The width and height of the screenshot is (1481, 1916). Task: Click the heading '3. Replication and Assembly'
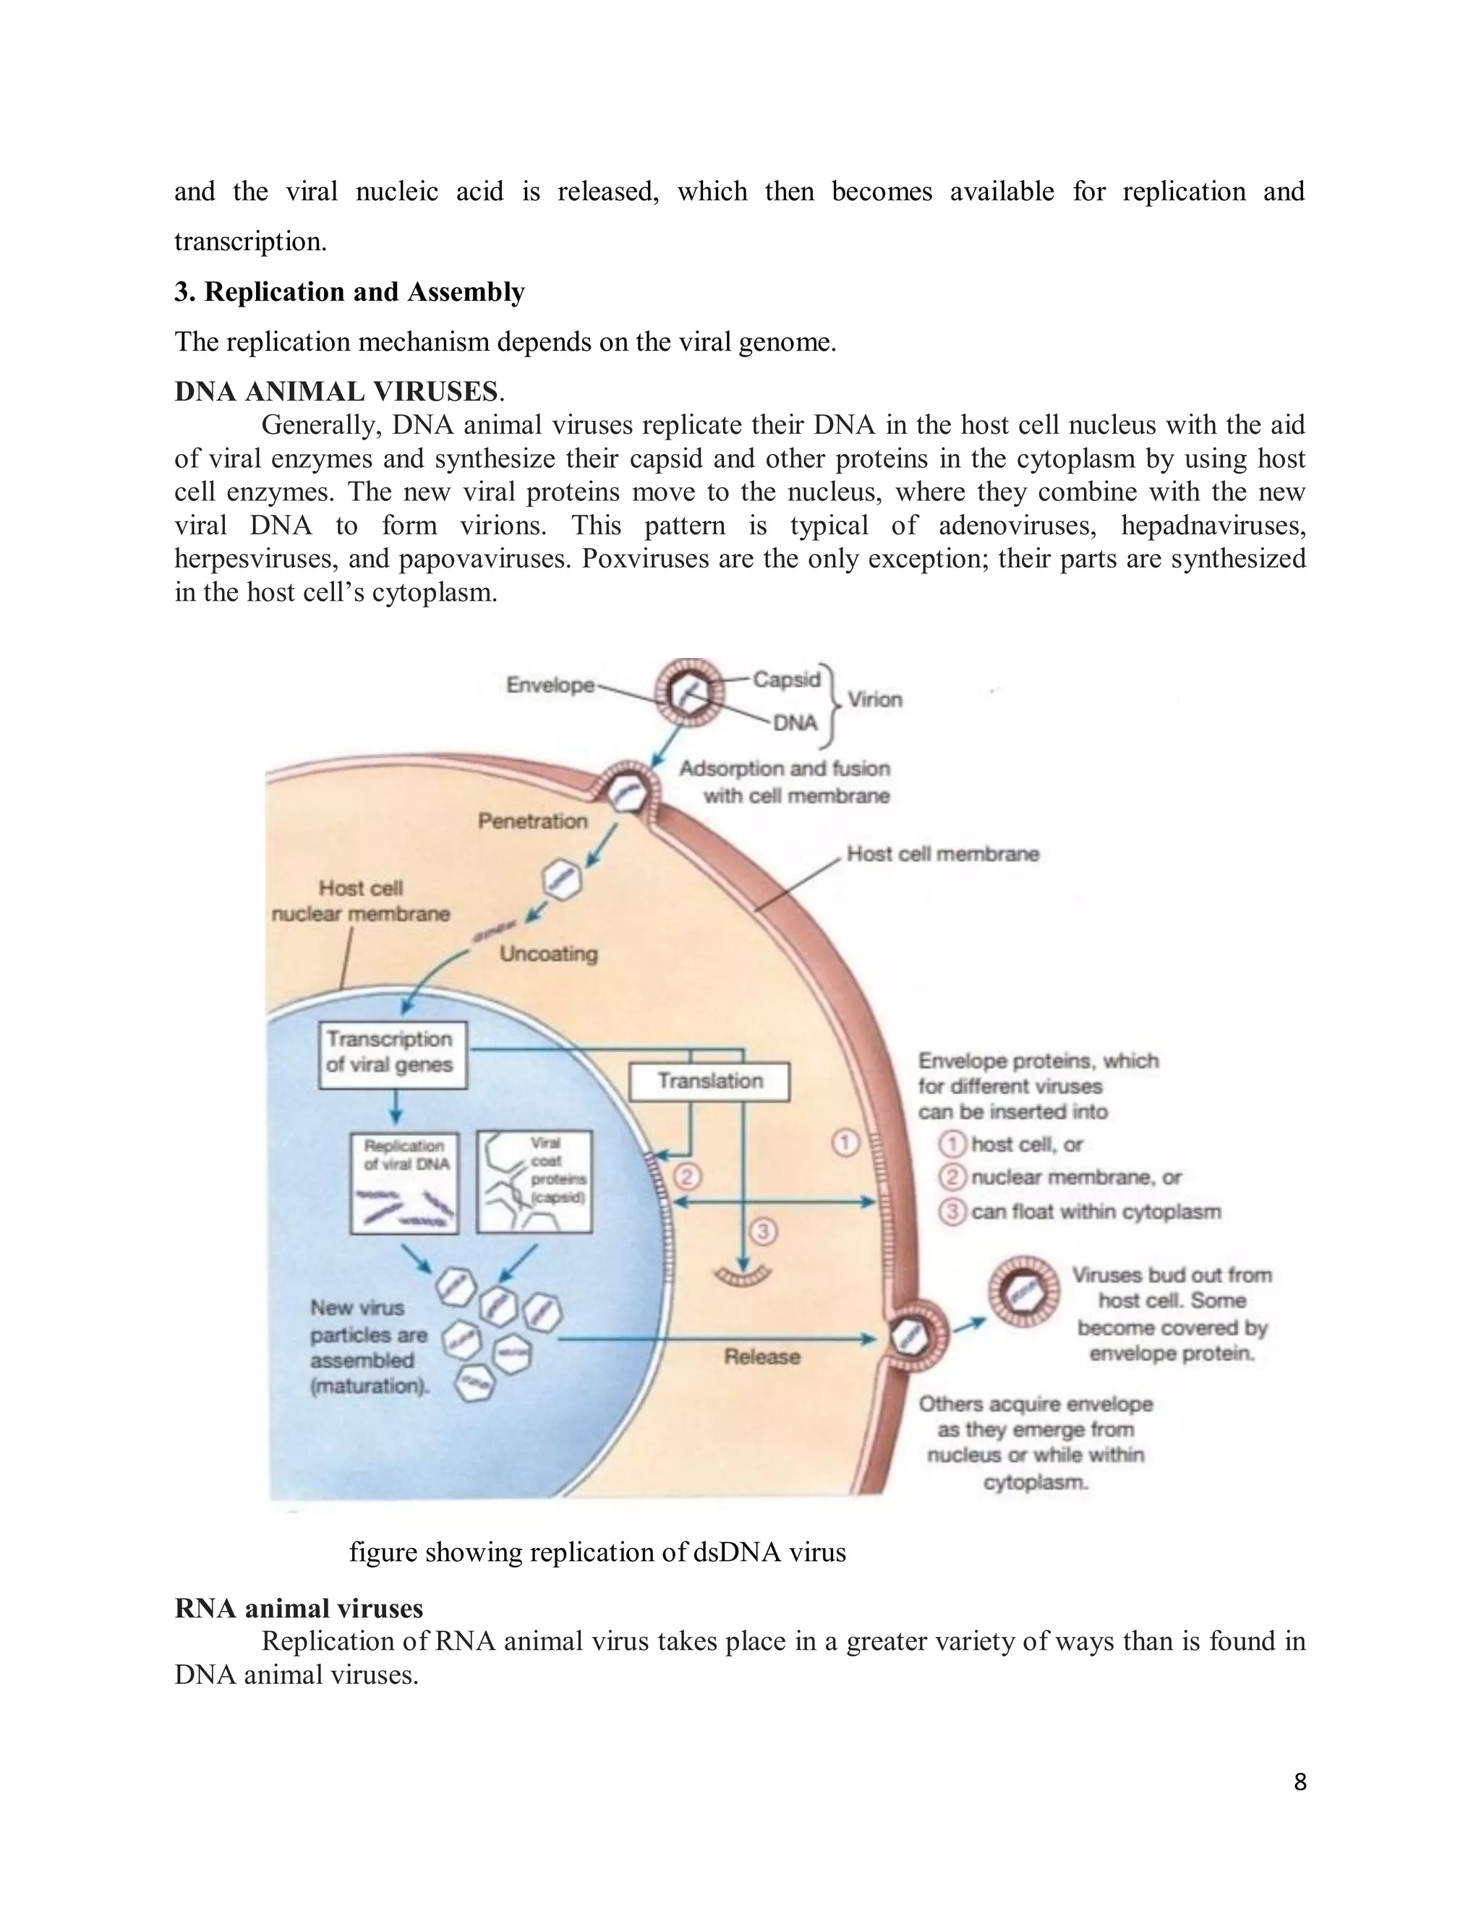(x=349, y=292)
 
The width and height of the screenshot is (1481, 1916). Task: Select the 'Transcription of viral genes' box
(x=391, y=1053)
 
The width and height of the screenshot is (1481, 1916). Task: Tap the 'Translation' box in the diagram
(x=709, y=1082)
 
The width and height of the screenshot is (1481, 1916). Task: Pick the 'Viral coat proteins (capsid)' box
(x=534, y=1181)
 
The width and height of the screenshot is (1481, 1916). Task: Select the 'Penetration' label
(x=532, y=821)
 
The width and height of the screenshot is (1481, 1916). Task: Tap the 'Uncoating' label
(x=548, y=954)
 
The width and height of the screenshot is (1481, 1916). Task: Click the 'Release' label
(x=761, y=1357)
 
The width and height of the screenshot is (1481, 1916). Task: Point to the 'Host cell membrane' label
(x=942, y=854)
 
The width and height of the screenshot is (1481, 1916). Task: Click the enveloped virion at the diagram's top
(x=691, y=693)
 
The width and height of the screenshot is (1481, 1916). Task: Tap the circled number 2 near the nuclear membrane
(x=686, y=1176)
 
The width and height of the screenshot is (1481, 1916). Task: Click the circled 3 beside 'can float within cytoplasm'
(x=952, y=1212)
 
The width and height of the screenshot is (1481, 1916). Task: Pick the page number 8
(x=1299, y=1782)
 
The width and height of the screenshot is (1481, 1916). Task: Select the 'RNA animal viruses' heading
(x=299, y=1608)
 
